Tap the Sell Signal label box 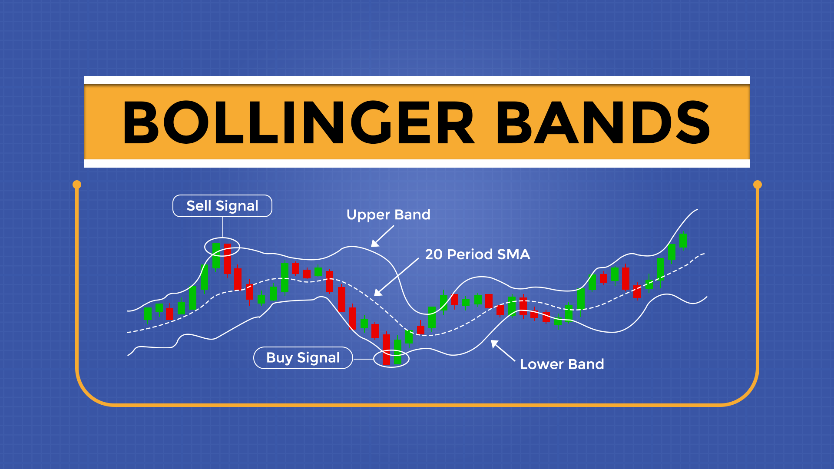pos(222,206)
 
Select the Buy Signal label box pos(303,358)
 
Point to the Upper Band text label pos(388,215)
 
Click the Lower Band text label pos(562,364)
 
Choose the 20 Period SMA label pos(477,254)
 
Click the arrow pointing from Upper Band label pos(382,237)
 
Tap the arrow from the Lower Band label pos(503,351)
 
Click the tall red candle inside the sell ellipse pos(227,259)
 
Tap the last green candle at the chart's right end pos(683,240)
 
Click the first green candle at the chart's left pos(148,314)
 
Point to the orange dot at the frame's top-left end pos(77,185)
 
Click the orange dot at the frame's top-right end pos(758,185)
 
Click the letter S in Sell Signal pos(192,206)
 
